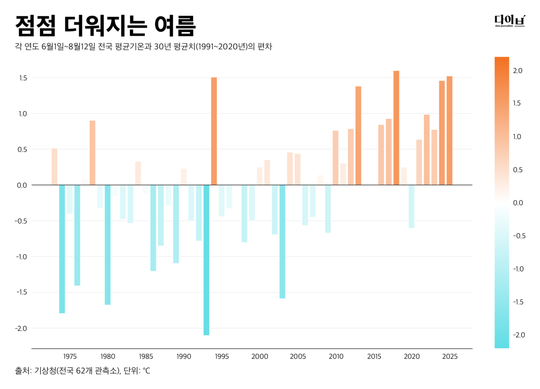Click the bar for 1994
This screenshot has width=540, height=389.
(x=214, y=131)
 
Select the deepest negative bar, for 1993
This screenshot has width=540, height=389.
(x=206, y=260)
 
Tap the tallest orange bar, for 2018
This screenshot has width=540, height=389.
(x=396, y=128)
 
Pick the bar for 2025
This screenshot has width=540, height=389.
(x=449, y=130)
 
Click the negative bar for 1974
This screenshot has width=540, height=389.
(x=62, y=249)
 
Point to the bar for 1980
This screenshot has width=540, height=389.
(x=108, y=245)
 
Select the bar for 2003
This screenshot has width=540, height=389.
(x=282, y=241)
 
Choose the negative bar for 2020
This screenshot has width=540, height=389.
(x=411, y=206)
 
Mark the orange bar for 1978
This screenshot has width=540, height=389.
(x=92, y=152)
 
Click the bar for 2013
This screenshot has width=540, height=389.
(x=358, y=135)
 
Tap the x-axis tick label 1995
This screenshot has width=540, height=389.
(x=222, y=357)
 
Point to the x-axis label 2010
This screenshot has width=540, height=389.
(x=336, y=357)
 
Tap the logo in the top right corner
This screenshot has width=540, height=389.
(x=509, y=21)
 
